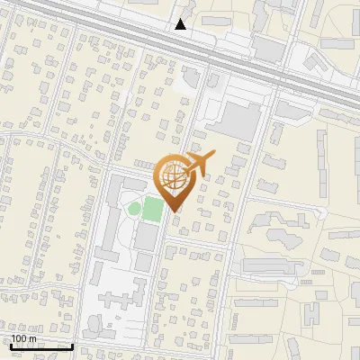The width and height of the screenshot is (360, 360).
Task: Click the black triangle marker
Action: (x=181, y=24)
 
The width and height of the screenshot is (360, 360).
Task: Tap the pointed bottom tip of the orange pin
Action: (x=175, y=212)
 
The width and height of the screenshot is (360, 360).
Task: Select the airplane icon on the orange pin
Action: (x=199, y=164)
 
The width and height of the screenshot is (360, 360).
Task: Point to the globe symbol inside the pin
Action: (x=175, y=174)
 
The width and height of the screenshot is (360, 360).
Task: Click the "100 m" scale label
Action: (x=24, y=339)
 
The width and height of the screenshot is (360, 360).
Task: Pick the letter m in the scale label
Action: (x=33, y=339)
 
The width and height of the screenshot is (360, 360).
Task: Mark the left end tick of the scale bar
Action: (x=10, y=346)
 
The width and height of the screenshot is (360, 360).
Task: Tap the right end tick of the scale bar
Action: (x=73, y=346)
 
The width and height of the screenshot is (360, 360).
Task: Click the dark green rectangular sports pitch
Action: (x=153, y=210)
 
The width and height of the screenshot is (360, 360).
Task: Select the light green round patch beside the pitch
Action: (x=134, y=210)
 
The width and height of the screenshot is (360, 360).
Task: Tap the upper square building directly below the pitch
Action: (x=145, y=237)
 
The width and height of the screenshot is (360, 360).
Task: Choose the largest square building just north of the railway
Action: (x=267, y=47)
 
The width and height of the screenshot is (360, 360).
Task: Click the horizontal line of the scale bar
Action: (x=41, y=346)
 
